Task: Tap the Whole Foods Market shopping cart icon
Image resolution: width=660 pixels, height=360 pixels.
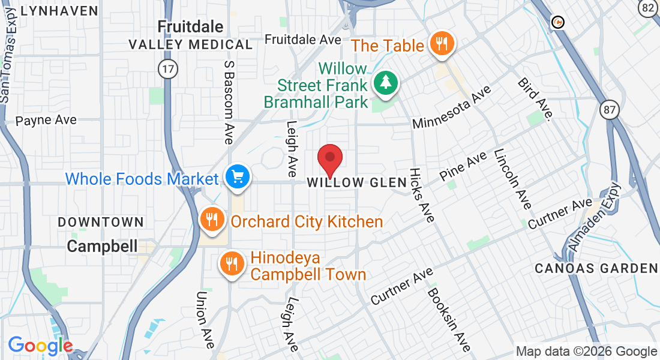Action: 238,177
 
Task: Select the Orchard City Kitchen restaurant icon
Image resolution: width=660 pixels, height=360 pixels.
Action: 212,220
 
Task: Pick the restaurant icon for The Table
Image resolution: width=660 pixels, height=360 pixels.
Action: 442,44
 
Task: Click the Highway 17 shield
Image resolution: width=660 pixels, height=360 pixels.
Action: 169,69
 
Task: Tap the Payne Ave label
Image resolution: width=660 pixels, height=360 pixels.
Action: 46,120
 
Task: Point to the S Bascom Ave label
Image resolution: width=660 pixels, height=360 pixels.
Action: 228,102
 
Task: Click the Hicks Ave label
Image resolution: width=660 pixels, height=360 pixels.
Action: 422,195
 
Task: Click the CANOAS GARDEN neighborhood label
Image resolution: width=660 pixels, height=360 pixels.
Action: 596,268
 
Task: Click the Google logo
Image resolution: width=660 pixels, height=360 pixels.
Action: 40,346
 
